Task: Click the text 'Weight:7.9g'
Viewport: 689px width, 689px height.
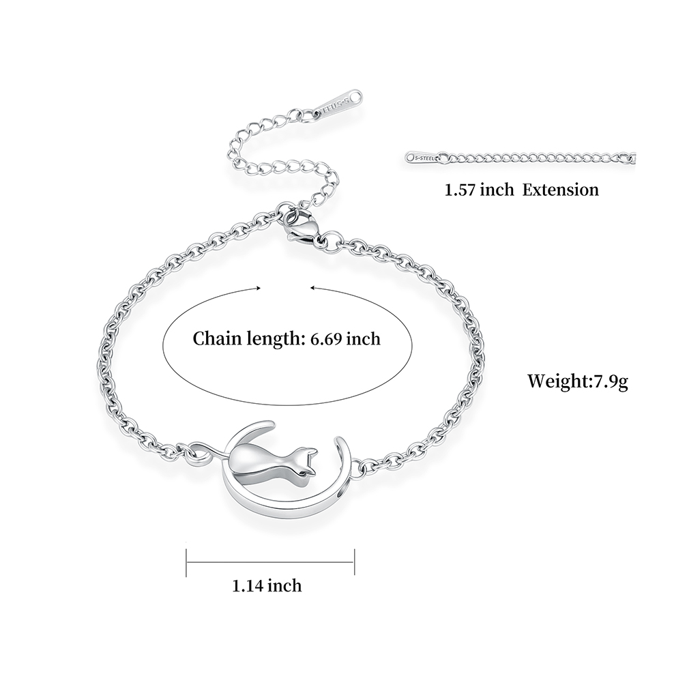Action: [577, 381]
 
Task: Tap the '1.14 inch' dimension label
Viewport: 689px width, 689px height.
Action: [267, 585]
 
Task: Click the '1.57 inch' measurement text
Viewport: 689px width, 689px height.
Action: [479, 190]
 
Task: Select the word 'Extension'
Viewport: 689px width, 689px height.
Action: [560, 190]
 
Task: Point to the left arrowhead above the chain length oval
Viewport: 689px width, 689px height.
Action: [258, 289]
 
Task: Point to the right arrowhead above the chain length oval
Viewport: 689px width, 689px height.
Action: [312, 288]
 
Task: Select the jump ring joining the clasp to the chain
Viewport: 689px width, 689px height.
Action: [330, 242]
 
